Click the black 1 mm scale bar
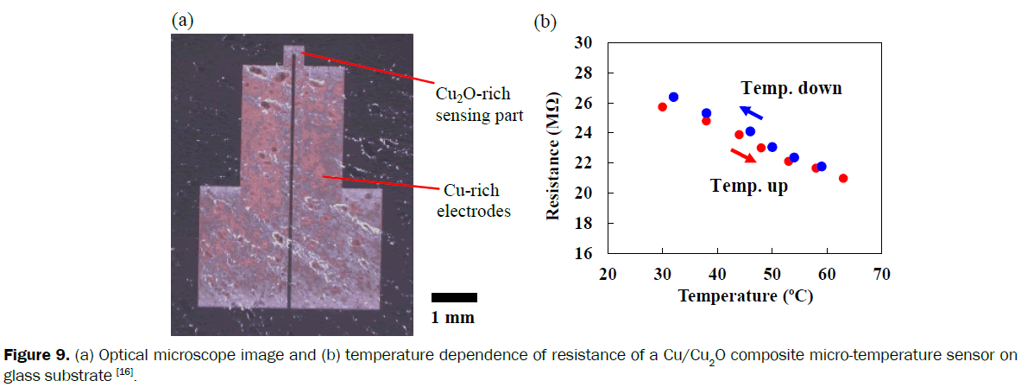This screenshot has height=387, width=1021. tap(454, 297)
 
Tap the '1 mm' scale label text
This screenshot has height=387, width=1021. tap(453, 318)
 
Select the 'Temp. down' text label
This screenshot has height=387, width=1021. tap(791, 88)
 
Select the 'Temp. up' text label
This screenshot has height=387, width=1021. tap(748, 186)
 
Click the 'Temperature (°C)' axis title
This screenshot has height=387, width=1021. tap(746, 295)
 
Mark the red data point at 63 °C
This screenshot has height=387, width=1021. tap(843, 178)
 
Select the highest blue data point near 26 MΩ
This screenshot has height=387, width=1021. tap(673, 97)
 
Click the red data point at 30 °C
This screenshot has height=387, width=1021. tap(662, 107)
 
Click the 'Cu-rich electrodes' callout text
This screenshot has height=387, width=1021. tap(471, 200)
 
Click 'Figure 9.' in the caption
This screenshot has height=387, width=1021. tap(38, 356)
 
